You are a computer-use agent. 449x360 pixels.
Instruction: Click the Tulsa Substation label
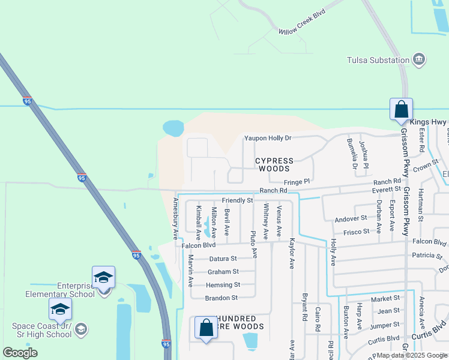point(378,59)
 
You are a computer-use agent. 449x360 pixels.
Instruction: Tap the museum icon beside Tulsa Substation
point(419,59)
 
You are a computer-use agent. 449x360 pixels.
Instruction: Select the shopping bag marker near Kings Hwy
point(401,110)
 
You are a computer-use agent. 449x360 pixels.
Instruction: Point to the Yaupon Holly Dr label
point(267,138)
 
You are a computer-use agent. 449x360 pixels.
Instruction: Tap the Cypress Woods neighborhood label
point(274,164)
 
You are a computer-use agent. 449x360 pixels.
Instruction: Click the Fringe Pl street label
point(297,181)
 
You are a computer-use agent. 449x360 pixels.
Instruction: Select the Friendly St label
point(237,200)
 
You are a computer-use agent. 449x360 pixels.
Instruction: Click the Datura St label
point(222,259)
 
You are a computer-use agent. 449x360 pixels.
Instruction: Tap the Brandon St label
point(221,298)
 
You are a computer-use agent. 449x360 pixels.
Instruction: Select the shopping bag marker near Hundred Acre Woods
point(206,328)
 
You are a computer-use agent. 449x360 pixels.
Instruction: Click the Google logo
point(20,353)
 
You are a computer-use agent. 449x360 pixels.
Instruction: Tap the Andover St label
point(351,218)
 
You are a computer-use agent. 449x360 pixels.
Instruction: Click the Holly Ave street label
point(332,252)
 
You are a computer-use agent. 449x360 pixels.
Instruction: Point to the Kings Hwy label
point(430,122)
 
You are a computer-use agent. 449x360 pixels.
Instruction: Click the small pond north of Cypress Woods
point(173,128)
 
